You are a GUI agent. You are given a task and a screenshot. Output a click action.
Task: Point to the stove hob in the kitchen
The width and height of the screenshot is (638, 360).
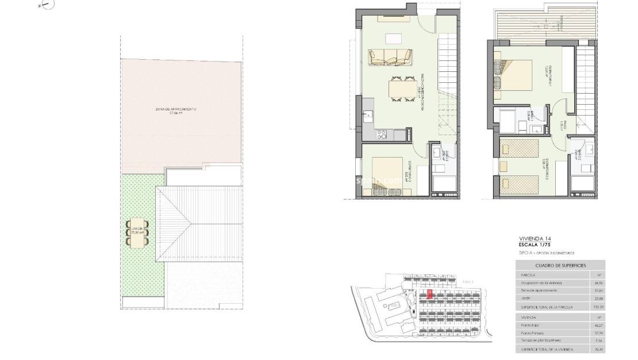pyautogui.click(x=381, y=136)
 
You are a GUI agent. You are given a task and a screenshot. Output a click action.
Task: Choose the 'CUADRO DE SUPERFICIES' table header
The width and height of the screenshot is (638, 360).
pyautogui.click(x=560, y=265)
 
